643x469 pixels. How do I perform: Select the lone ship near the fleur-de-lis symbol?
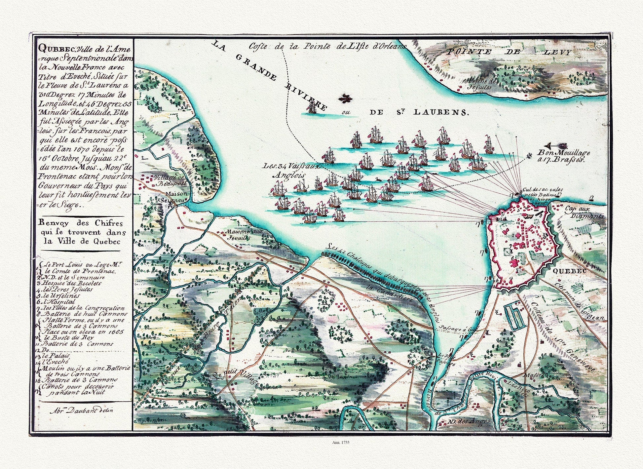[x=312, y=107]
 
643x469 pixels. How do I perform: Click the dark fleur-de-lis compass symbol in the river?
[x=346, y=98]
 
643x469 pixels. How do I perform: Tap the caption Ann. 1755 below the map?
[x=340, y=442]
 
